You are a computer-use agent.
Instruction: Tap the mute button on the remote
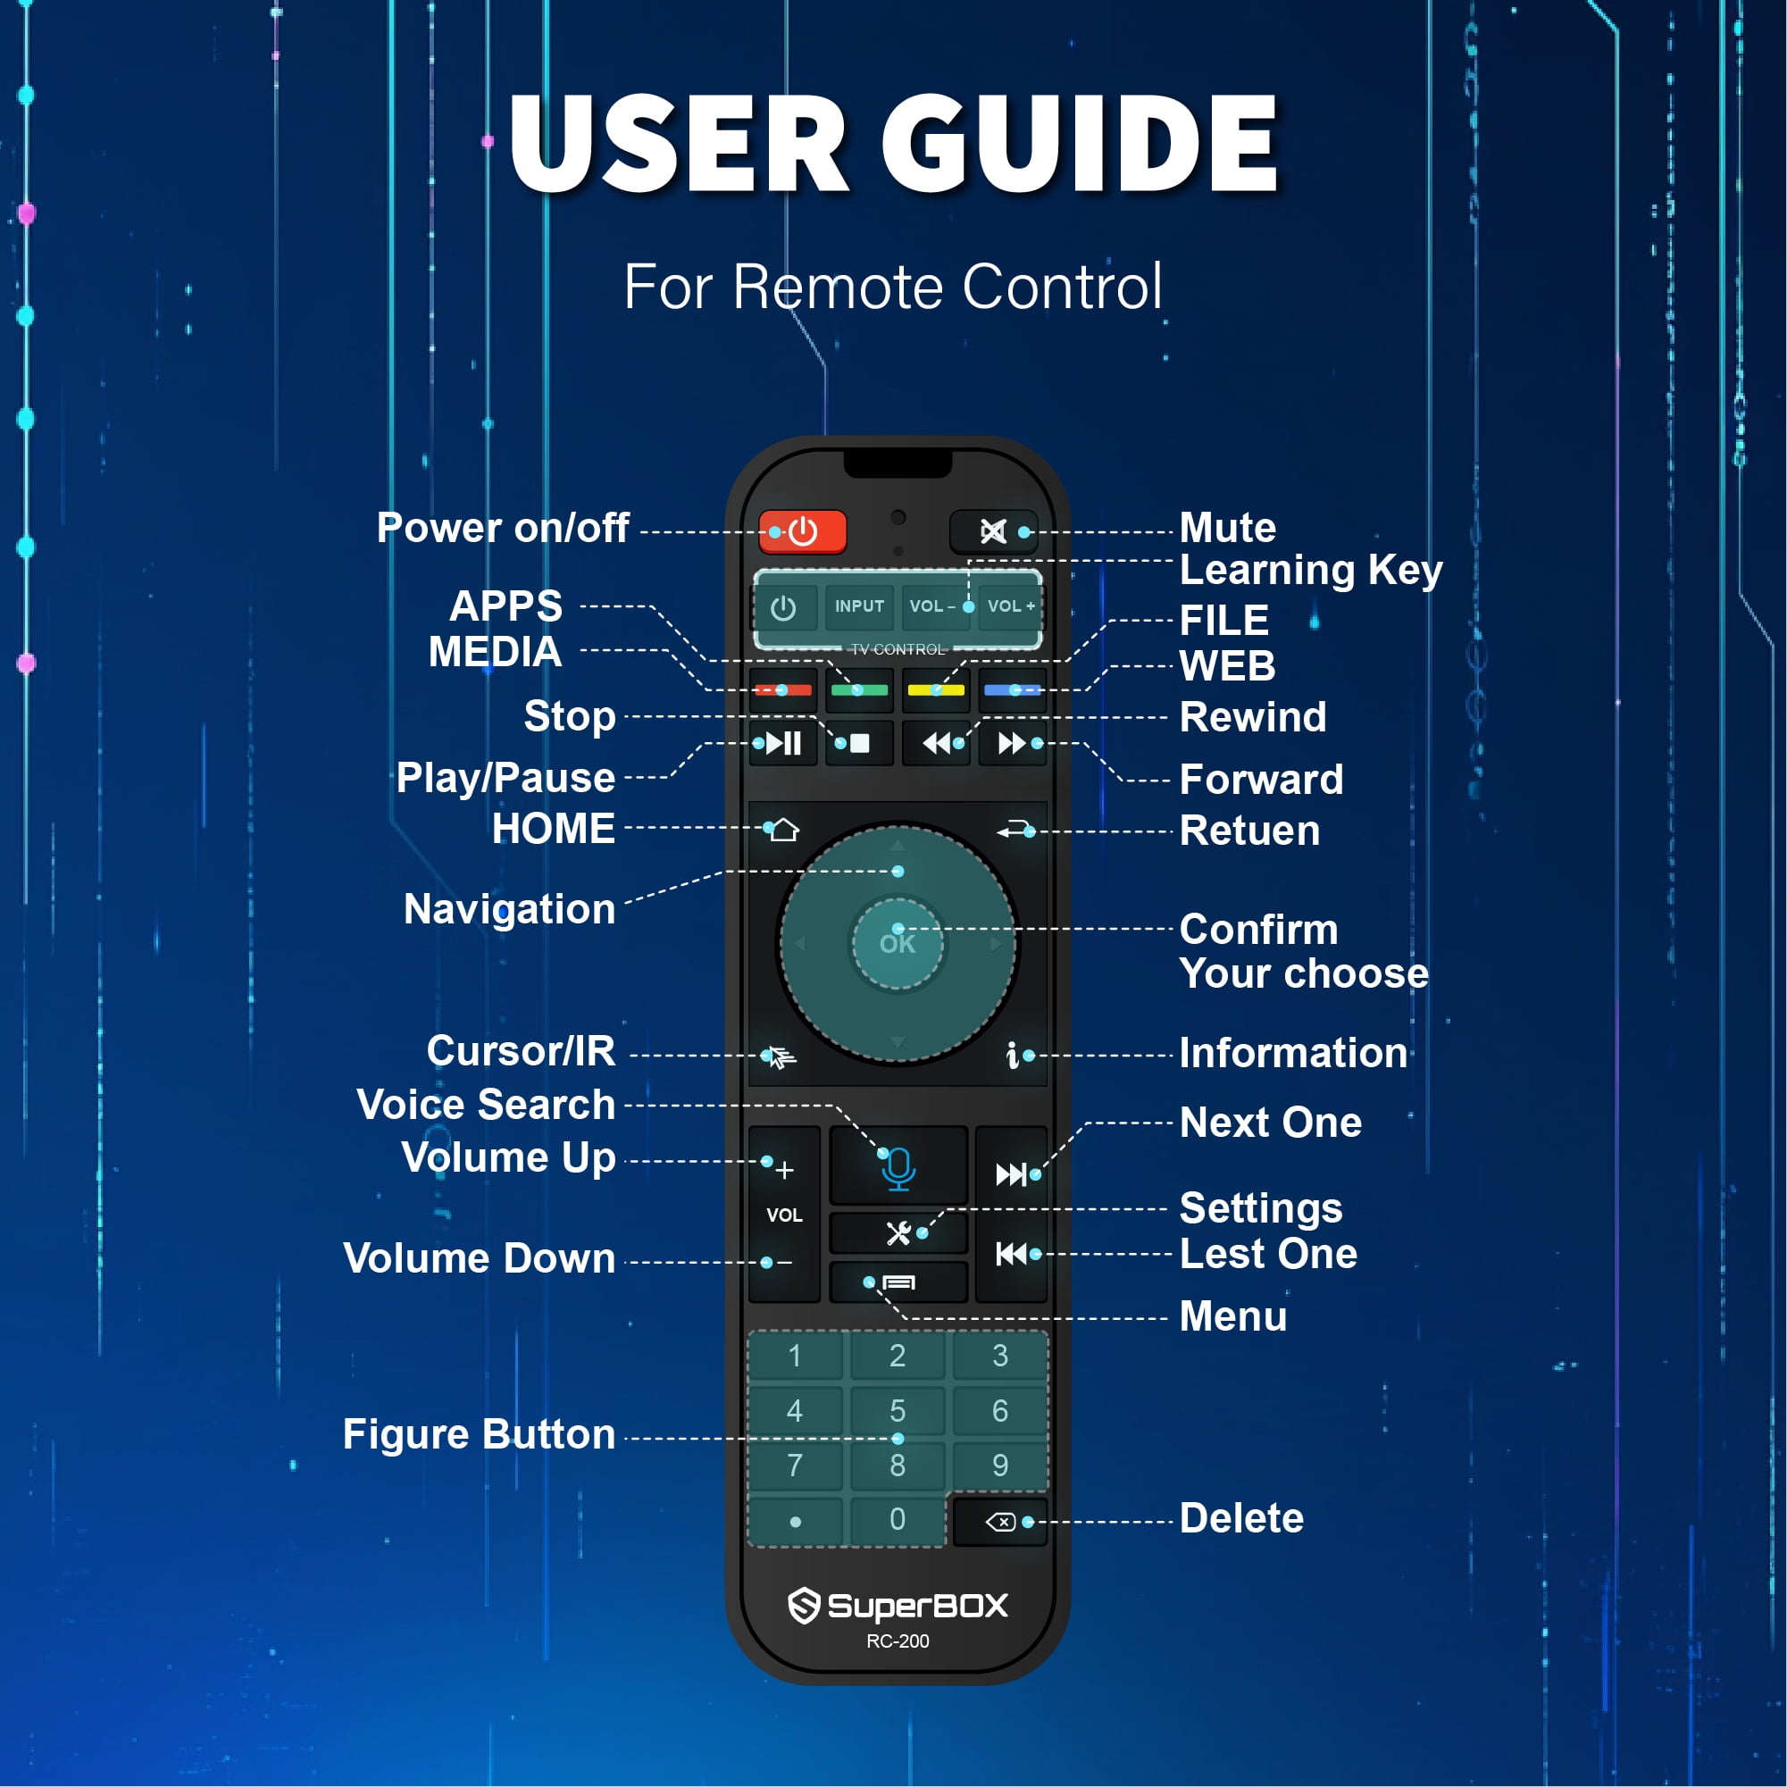[x=993, y=532]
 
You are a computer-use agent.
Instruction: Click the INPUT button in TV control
[x=859, y=606]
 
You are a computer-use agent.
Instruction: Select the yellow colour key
[x=936, y=690]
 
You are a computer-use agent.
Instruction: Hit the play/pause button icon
[x=783, y=743]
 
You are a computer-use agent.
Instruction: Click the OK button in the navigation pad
[x=898, y=944]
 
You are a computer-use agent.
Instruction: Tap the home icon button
[x=783, y=830]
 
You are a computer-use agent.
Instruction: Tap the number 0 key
[x=898, y=1519]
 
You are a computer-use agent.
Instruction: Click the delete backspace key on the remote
[x=1001, y=1522]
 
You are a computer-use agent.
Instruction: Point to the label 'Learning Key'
[x=1311, y=570]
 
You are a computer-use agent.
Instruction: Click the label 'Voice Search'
[x=486, y=1105]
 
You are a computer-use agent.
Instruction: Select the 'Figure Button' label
[x=479, y=1433]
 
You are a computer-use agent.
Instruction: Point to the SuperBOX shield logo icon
[x=804, y=1606]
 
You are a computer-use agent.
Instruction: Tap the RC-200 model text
[x=898, y=1641]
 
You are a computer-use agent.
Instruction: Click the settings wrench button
[x=898, y=1233]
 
